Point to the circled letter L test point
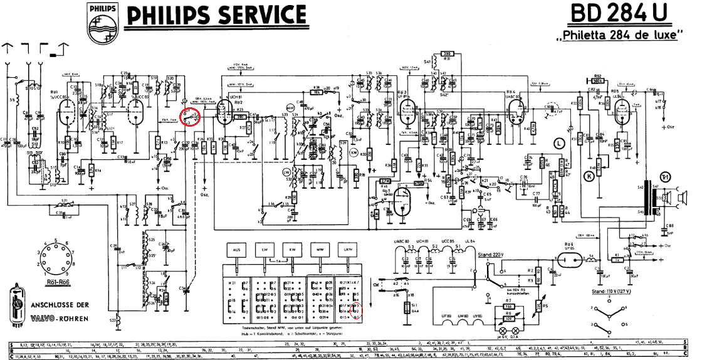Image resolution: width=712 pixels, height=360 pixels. point(559,144)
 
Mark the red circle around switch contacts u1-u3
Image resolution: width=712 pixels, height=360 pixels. point(190,117)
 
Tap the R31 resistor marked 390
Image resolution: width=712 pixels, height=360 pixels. point(448,53)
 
